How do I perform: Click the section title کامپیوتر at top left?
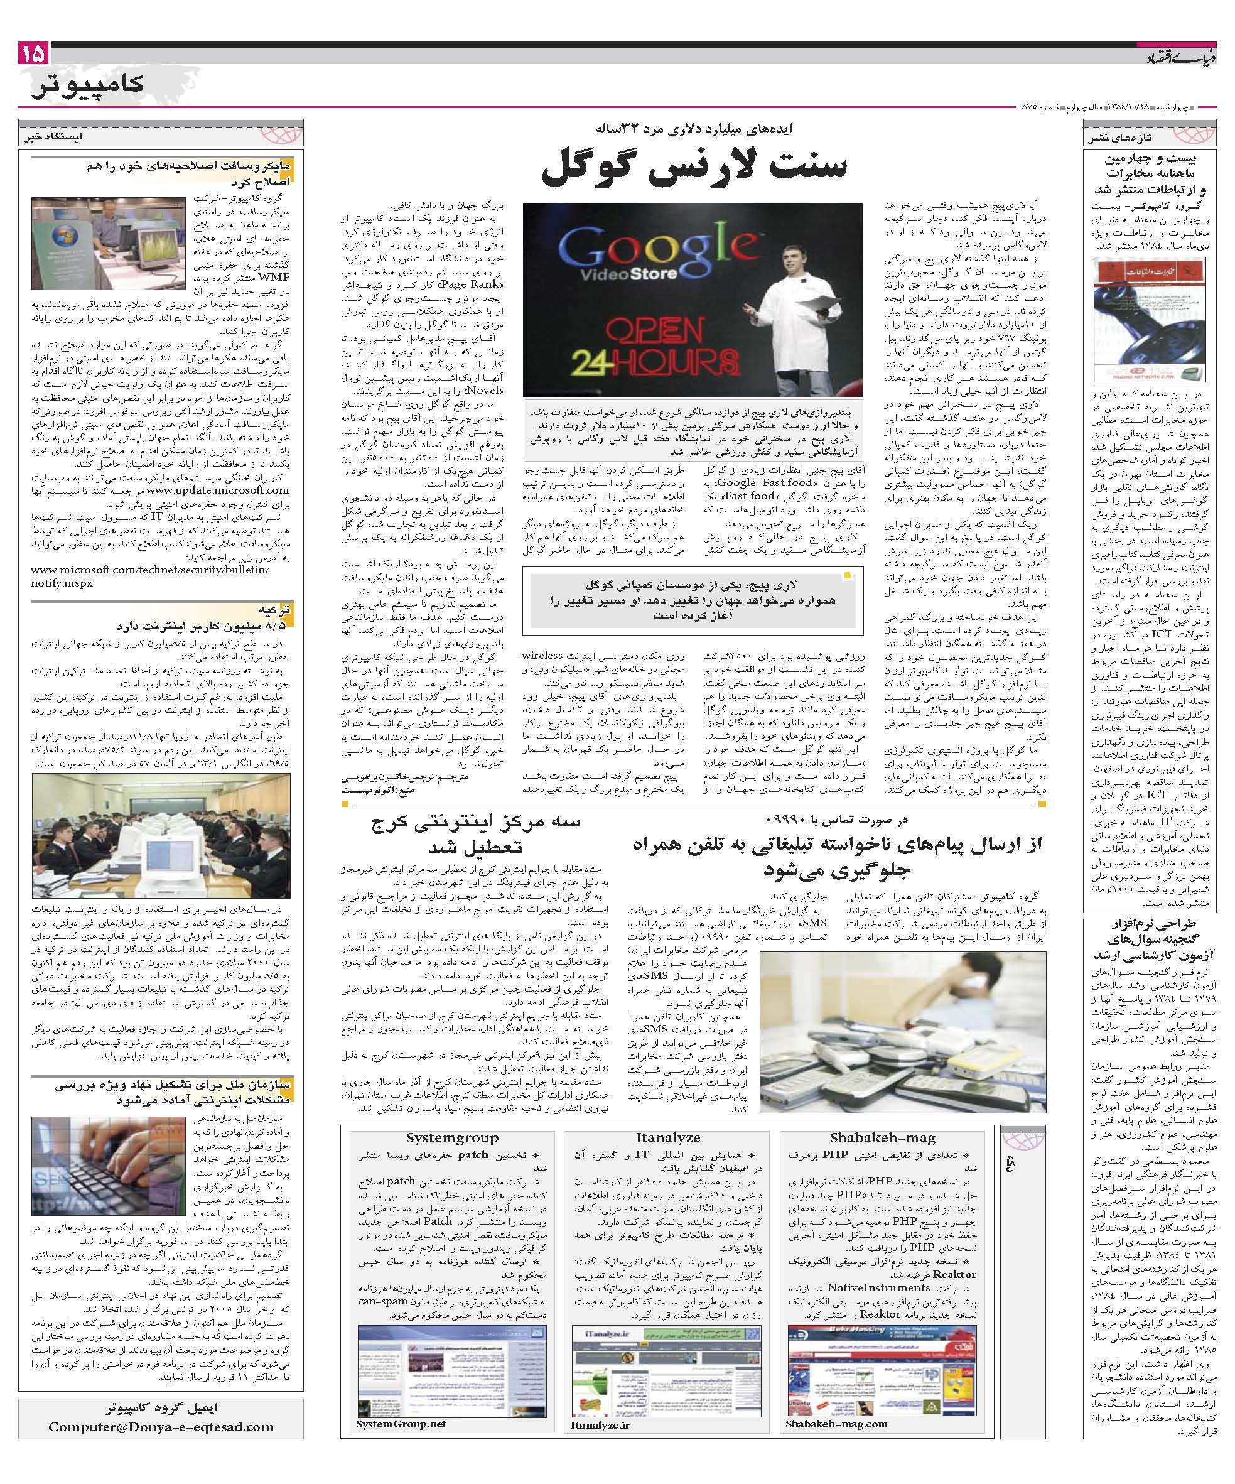[89, 84]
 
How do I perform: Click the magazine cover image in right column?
[1150, 320]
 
